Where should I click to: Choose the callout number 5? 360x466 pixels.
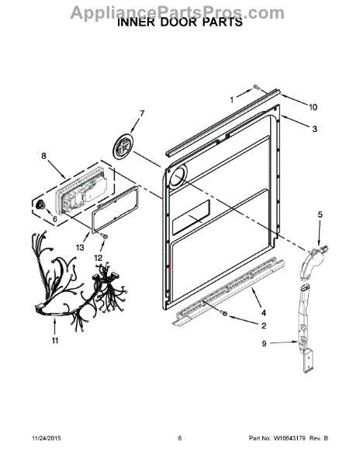(318, 213)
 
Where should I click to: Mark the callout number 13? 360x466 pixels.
(80, 247)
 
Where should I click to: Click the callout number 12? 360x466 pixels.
(98, 257)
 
